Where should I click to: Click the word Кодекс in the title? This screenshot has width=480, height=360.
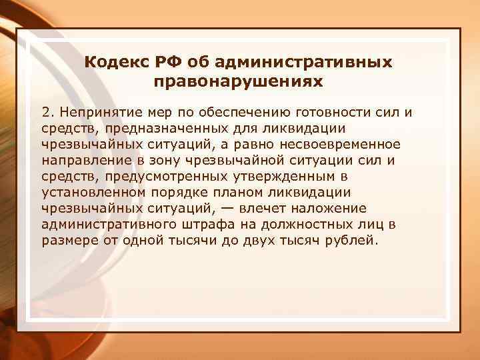[118, 63]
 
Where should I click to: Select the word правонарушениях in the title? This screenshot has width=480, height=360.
[239, 82]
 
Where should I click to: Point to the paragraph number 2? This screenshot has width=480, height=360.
[46, 111]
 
